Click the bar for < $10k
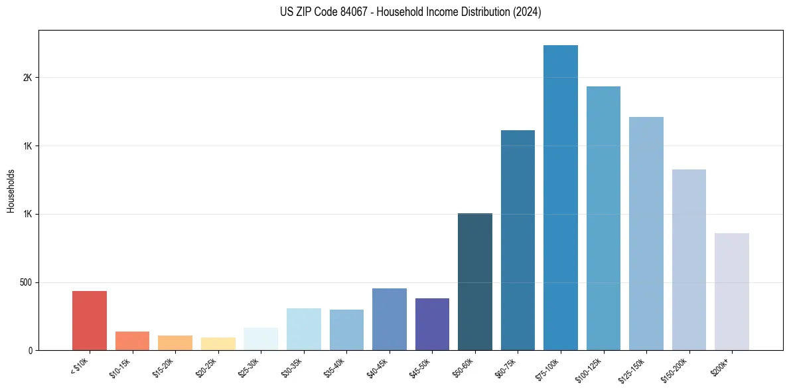tap(90, 320)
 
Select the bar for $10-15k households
tap(132, 341)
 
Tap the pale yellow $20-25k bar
tap(218, 343)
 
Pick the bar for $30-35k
tap(303, 329)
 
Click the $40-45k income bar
tap(389, 319)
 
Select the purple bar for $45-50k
tap(432, 324)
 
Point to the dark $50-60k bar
tap(474, 282)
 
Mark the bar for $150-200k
tap(689, 260)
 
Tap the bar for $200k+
tap(731, 292)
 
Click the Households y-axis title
tap(11, 191)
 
